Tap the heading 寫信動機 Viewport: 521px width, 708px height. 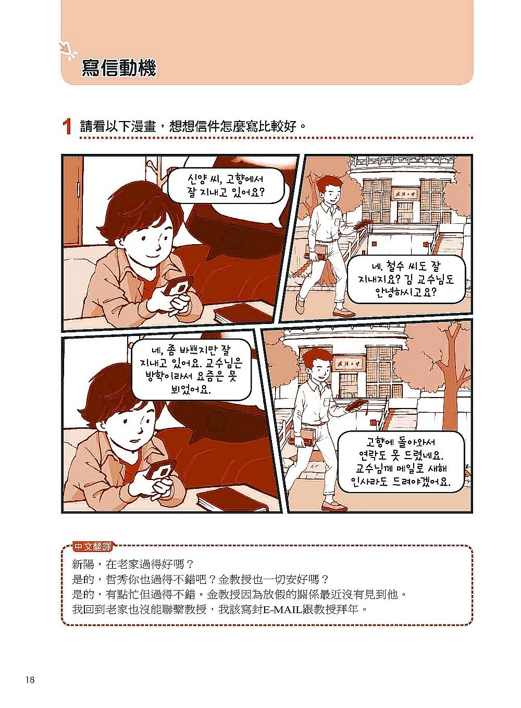pos(119,68)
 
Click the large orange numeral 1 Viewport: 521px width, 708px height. pos(67,127)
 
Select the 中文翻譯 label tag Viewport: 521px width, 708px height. pos(92,546)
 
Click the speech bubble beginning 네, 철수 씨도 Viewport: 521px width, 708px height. pos(406,280)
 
